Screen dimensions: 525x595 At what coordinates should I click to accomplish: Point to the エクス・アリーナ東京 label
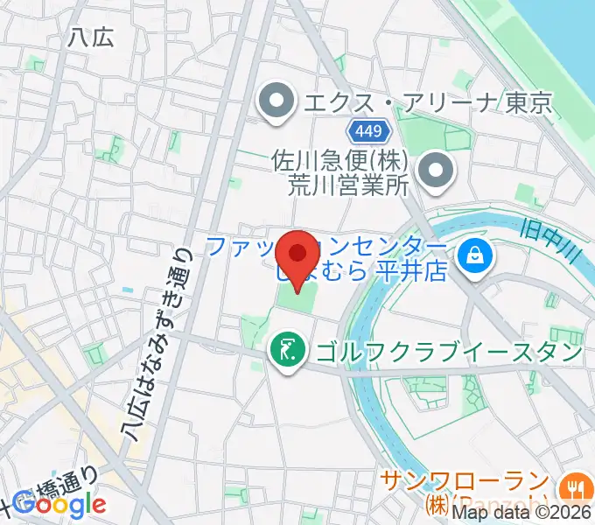(427, 103)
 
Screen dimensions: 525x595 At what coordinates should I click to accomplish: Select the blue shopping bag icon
(476, 257)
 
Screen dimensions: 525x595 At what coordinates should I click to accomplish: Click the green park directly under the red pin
(297, 300)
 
